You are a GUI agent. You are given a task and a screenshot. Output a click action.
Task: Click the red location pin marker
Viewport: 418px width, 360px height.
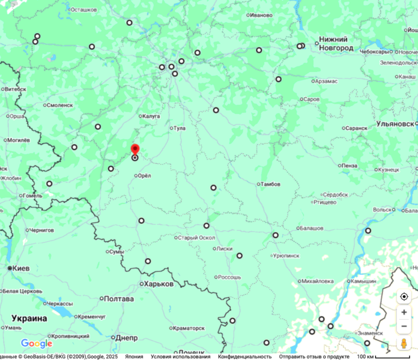click(135, 149)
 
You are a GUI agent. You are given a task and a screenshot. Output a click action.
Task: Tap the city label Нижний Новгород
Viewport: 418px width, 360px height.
click(336, 43)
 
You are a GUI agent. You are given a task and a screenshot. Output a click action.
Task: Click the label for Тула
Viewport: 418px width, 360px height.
click(180, 128)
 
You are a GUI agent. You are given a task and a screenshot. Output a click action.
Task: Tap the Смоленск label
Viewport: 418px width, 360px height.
click(59, 105)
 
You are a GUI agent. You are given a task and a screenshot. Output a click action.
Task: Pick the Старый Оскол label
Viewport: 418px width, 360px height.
click(196, 238)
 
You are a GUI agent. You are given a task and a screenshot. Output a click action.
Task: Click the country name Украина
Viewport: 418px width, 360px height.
click(29, 318)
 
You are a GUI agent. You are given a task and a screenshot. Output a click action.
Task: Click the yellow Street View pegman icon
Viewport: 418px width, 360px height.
click(404, 343)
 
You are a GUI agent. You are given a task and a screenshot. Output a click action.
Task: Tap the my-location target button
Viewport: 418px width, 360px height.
click(404, 297)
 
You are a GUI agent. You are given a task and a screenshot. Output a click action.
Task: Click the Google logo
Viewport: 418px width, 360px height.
click(37, 344)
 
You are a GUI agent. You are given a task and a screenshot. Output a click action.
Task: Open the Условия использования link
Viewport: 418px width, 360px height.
click(180, 356)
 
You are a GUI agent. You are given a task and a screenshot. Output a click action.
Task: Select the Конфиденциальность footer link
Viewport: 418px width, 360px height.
click(244, 356)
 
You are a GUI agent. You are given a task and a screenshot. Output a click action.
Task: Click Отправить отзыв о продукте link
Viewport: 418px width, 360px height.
click(314, 356)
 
